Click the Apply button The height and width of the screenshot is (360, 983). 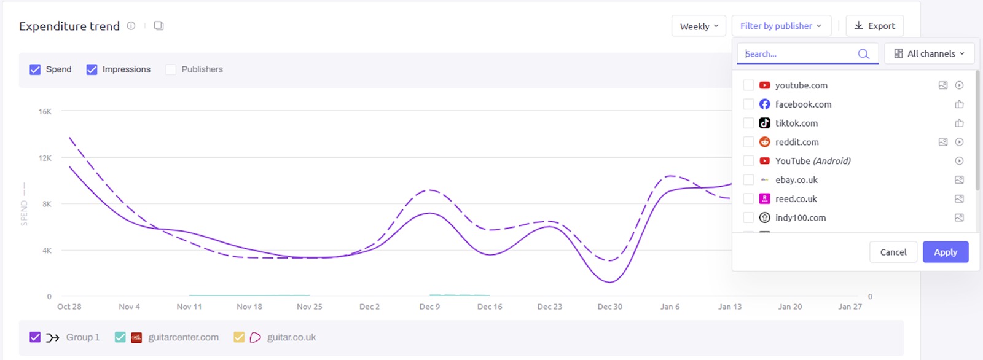click(x=945, y=252)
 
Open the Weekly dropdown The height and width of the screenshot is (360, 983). click(x=699, y=26)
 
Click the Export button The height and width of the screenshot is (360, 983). click(x=874, y=26)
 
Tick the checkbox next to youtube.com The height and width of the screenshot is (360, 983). click(x=748, y=85)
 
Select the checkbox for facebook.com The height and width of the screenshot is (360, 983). click(x=748, y=104)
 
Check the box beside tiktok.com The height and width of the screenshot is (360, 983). click(x=748, y=123)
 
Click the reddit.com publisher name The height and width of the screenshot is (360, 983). click(x=797, y=142)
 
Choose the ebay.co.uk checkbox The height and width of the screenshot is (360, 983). click(x=748, y=180)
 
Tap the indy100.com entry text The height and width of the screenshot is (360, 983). click(x=800, y=217)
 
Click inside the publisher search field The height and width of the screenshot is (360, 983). click(x=799, y=54)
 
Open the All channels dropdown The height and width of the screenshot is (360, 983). click(x=929, y=53)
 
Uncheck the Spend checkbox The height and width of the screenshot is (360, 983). click(x=35, y=69)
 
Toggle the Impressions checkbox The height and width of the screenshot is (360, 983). click(x=92, y=69)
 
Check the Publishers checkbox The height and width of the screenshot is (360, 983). click(x=171, y=69)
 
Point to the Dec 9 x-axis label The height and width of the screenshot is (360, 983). click(x=429, y=307)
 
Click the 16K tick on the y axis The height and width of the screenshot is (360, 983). click(x=45, y=112)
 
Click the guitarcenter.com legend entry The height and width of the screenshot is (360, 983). click(x=183, y=337)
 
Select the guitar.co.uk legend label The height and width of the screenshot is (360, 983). click(x=291, y=337)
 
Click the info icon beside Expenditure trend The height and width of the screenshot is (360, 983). click(x=131, y=26)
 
